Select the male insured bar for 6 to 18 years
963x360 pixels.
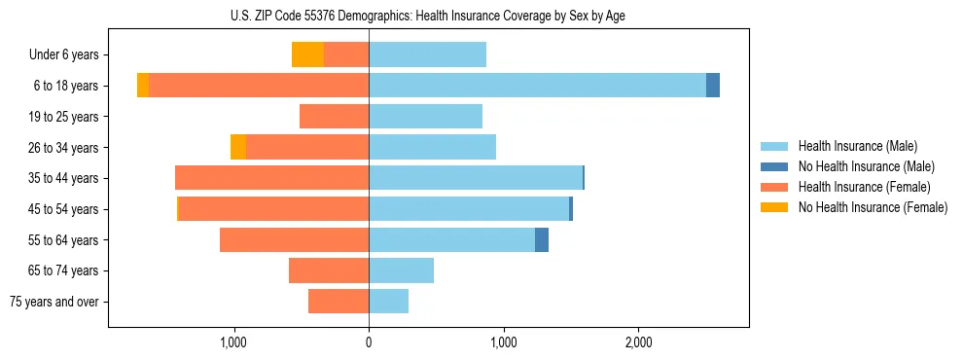click(x=537, y=86)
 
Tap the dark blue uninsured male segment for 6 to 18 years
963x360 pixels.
click(x=713, y=86)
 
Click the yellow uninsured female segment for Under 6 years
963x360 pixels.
click(x=307, y=54)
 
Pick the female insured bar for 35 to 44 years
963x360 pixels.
click(x=271, y=178)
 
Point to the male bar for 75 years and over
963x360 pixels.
click(x=388, y=302)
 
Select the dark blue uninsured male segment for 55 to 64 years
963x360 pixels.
click(x=542, y=239)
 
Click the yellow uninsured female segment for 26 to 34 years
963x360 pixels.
click(x=238, y=147)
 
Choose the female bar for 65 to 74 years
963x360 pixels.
click(x=329, y=270)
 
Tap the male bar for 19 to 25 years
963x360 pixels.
click(x=425, y=117)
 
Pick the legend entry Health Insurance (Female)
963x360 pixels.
click(x=864, y=187)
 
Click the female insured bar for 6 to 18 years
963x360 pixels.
click(x=259, y=86)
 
